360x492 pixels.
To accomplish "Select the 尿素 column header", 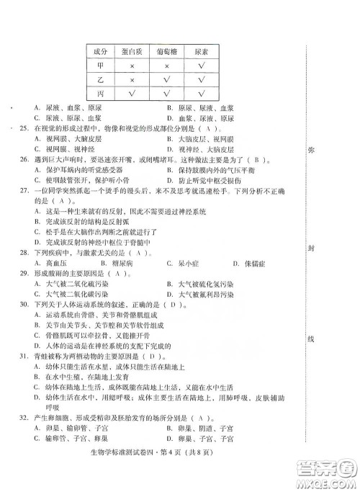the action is [x=202, y=52].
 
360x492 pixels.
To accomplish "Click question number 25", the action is [x=24, y=128].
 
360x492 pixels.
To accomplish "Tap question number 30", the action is [x=24, y=305].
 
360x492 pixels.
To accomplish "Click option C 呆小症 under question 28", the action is [x=178, y=263].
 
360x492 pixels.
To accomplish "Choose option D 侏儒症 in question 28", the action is [x=244, y=263].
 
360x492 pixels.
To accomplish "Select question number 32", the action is [x=24, y=419].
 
